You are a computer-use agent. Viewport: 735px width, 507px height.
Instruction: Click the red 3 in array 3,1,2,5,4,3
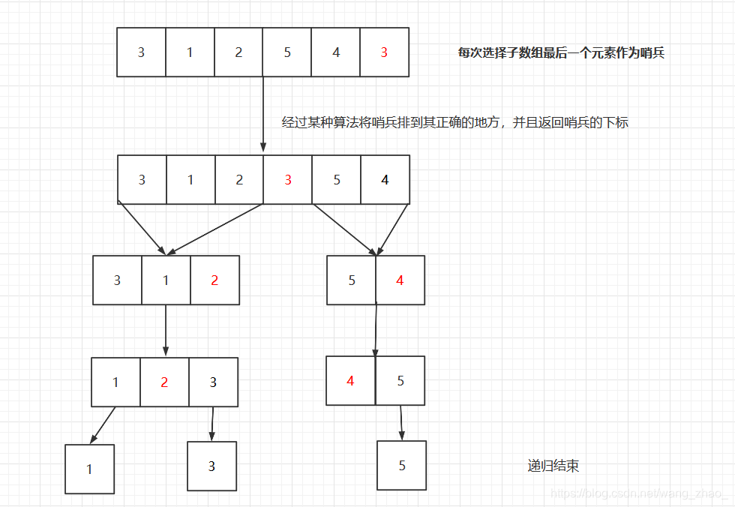click(384, 52)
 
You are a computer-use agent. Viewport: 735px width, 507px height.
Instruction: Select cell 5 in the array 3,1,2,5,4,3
click(287, 52)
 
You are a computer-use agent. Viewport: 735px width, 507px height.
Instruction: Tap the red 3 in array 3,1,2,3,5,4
click(288, 180)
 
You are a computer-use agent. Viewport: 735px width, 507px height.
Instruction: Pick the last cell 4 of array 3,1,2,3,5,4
click(385, 180)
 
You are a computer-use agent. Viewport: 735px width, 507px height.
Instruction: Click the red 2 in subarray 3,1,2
click(214, 280)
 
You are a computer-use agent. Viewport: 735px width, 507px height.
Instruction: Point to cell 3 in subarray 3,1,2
click(117, 280)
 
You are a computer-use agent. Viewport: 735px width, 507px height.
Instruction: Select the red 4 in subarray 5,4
click(400, 280)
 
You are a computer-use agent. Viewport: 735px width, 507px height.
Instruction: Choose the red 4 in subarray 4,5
click(350, 381)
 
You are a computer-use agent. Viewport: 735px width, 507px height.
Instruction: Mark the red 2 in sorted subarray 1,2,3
click(164, 382)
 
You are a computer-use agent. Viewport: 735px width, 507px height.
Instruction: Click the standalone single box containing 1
click(89, 469)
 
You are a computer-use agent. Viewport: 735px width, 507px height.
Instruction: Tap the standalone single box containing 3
click(211, 466)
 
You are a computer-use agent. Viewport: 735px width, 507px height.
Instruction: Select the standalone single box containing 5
click(402, 466)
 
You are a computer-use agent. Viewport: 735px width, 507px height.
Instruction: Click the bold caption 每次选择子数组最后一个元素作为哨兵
click(561, 53)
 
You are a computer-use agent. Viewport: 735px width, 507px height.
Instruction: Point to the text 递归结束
click(553, 466)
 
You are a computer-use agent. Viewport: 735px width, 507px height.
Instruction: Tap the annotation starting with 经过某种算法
click(454, 122)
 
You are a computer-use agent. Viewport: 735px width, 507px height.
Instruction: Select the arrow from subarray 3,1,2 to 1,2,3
click(166, 330)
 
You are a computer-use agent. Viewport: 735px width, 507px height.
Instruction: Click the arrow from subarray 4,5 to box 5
click(401, 423)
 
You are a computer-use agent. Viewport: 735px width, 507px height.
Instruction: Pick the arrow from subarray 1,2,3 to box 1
click(103, 425)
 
